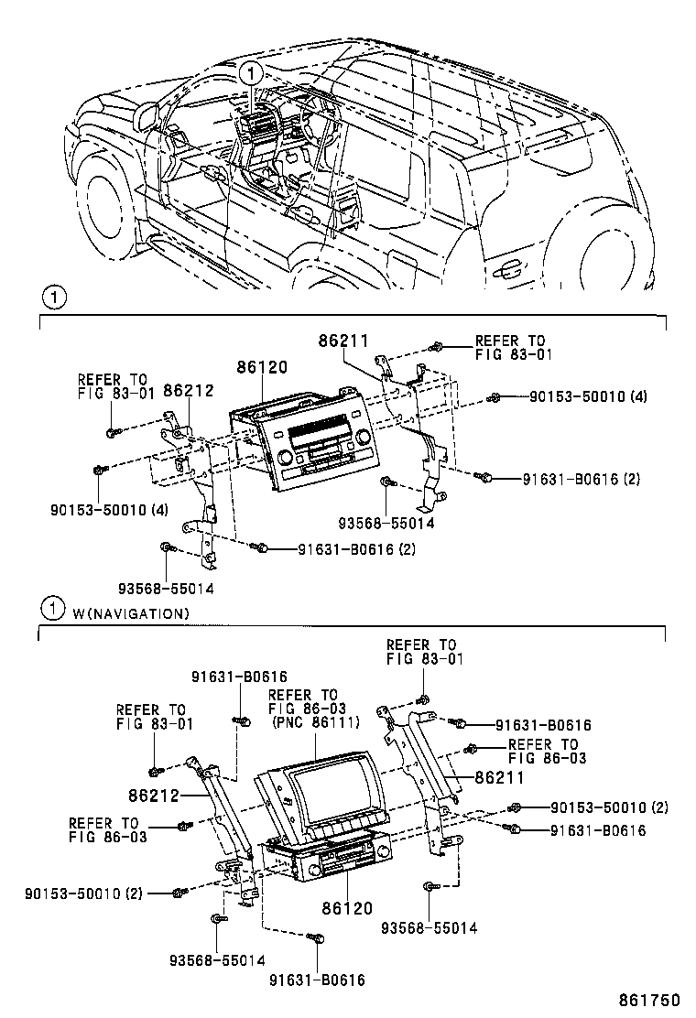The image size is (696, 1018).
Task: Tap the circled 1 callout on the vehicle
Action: [252, 71]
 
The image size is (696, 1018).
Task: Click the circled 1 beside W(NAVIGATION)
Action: [54, 609]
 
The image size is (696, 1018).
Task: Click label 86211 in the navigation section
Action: [499, 778]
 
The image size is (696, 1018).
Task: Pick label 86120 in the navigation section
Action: [346, 908]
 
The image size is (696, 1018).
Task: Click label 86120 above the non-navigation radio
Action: [262, 367]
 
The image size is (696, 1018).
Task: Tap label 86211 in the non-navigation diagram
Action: [343, 341]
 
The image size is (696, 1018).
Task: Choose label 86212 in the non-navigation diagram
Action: [188, 391]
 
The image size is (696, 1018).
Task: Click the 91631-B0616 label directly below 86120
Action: [317, 980]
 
